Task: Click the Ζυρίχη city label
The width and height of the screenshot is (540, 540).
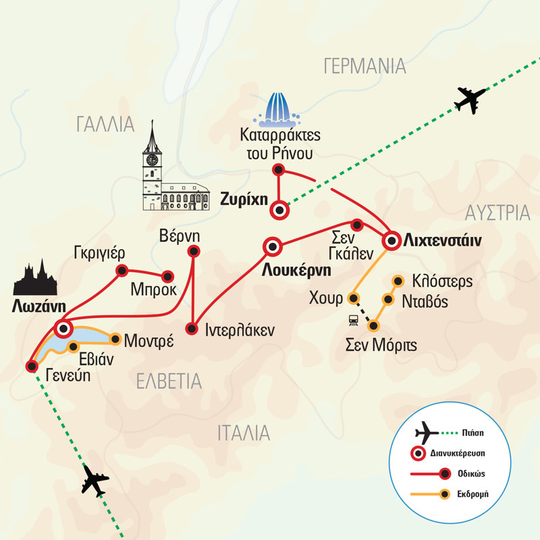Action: (243, 199)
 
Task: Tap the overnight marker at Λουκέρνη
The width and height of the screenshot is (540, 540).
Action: (272, 248)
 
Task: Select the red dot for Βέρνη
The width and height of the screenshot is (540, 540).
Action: (194, 252)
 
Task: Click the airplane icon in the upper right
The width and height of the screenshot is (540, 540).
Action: (470, 99)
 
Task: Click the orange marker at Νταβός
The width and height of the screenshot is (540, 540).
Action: (388, 299)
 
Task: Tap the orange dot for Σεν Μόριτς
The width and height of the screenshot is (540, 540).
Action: (372, 326)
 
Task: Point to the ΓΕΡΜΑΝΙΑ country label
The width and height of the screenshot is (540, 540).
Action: (364, 65)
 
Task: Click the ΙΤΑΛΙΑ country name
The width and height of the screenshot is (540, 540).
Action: (244, 433)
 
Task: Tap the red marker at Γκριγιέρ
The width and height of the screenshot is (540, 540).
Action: (122, 271)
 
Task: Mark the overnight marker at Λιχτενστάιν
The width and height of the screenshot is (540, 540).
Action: (391, 240)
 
